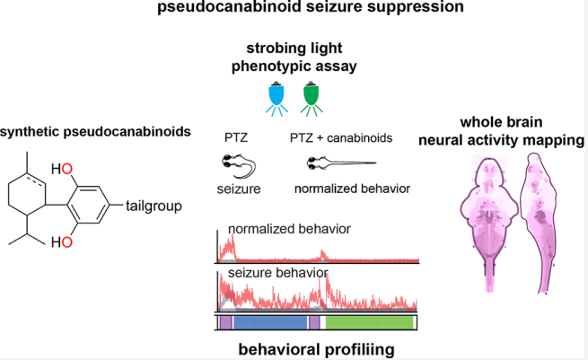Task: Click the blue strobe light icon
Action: (276, 98)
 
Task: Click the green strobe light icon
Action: (312, 98)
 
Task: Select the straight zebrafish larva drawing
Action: (341, 163)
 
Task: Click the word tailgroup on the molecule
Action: (154, 206)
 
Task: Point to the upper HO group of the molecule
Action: (62, 169)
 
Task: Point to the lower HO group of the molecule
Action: (62, 241)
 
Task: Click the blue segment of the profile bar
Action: (270, 322)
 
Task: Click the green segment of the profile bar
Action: (369, 322)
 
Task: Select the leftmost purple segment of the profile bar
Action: (225, 322)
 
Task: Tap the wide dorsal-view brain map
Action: (489, 221)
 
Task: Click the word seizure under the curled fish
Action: (239, 189)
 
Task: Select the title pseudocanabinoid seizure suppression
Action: (311, 7)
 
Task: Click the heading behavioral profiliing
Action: (317, 349)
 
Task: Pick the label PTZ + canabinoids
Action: (341, 138)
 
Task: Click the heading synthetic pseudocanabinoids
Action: (95, 132)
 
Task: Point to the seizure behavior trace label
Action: (278, 273)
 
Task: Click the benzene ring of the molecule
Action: (89, 205)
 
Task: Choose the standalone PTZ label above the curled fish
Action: (236, 138)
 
